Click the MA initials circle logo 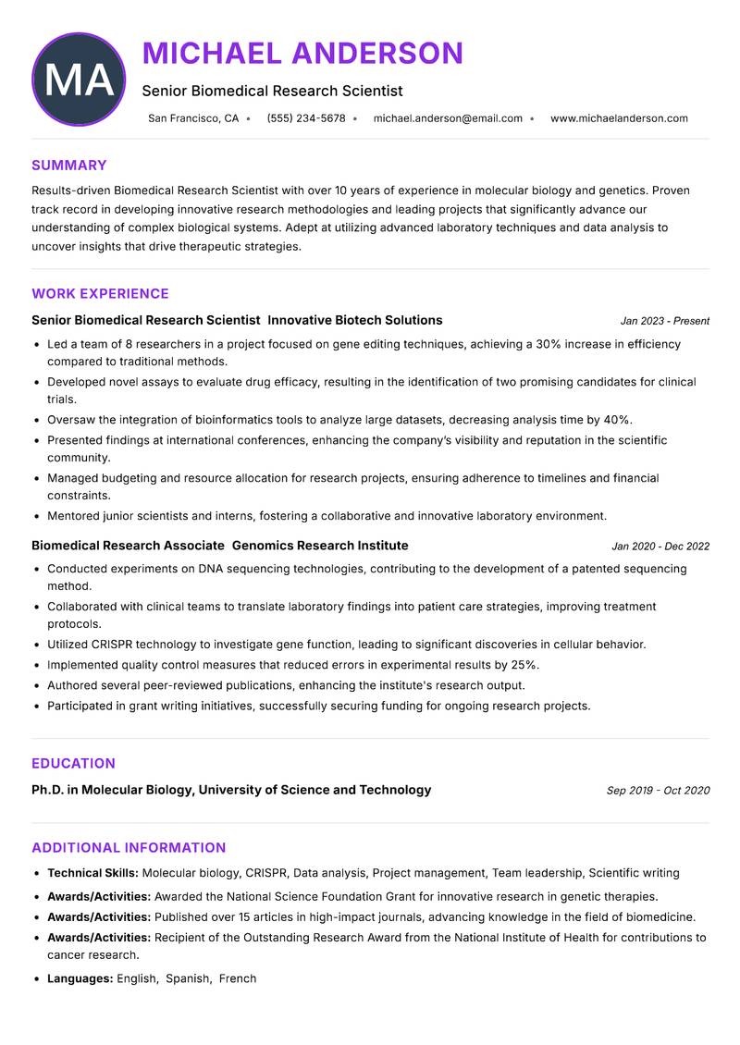79,80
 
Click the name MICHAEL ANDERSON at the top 302,54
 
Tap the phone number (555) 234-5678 306,118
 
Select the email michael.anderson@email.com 448,118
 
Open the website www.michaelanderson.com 619,118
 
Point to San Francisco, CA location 193,118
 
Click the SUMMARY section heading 69,166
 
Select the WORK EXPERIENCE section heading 100,294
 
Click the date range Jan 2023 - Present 664,321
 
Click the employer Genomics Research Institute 320,546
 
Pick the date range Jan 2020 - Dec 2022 660,547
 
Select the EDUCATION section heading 73,764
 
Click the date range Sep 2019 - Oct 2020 658,791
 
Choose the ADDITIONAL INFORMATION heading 129,848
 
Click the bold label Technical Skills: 92,873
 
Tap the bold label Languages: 80,978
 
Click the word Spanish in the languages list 188,978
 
